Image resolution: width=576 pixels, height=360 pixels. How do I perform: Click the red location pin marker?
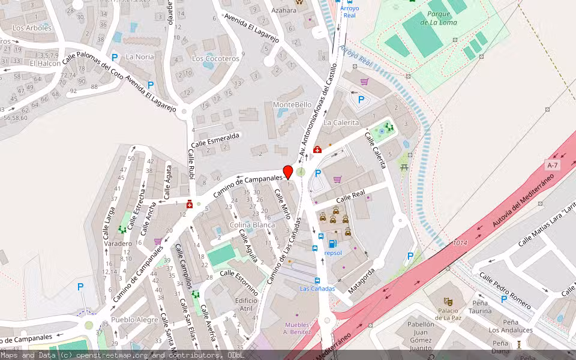(288, 172)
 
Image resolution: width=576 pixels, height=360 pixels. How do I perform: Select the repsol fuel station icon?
(333, 243)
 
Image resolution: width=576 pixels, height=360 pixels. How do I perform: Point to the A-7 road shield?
(553, 165)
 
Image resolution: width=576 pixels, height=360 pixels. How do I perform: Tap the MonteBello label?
(292, 104)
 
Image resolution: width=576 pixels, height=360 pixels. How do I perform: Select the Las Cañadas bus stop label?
(317, 289)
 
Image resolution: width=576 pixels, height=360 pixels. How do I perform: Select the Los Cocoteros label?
(215, 59)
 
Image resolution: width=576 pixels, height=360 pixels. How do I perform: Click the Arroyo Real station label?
(349, 12)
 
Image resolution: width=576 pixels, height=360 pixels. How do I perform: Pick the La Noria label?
(140, 57)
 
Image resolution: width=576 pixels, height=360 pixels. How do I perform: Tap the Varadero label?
(118, 244)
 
